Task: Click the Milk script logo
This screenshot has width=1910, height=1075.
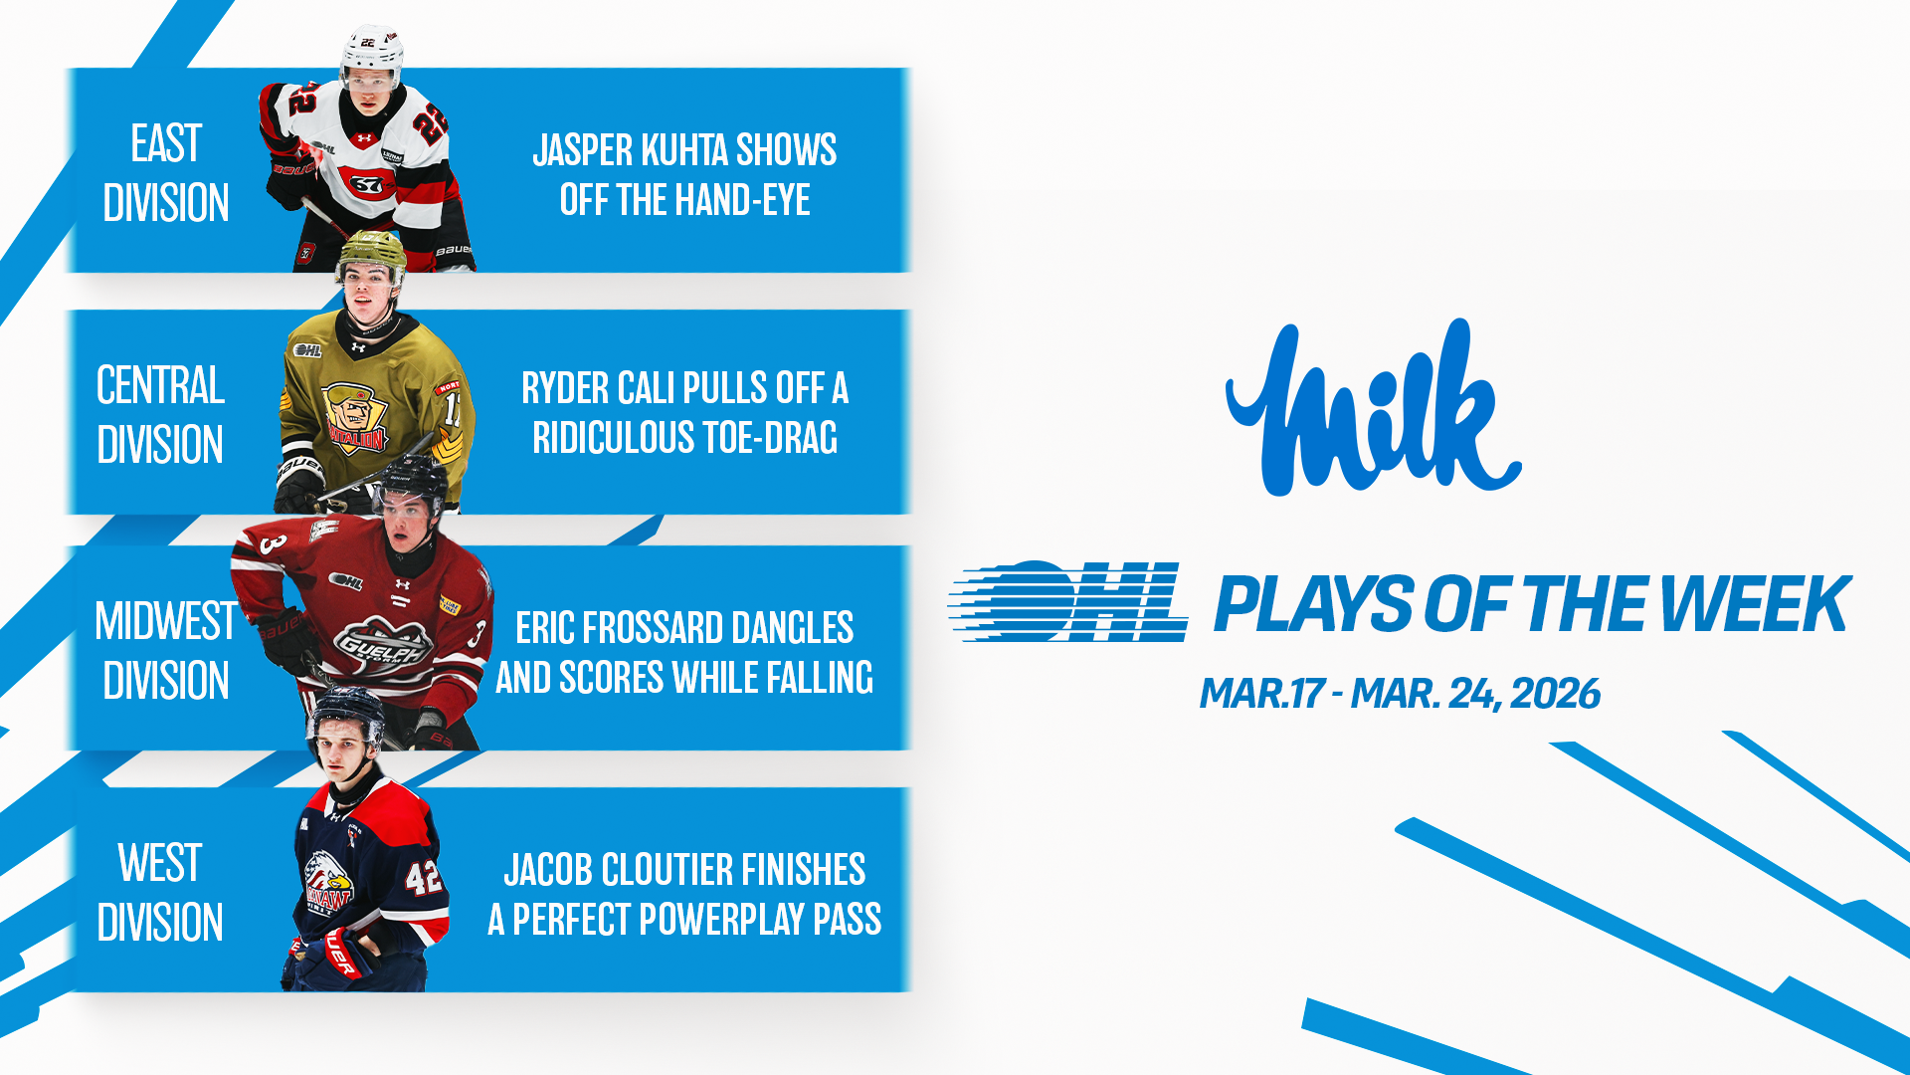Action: (x=1374, y=408)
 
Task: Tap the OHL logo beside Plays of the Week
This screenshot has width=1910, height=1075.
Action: (x=1068, y=601)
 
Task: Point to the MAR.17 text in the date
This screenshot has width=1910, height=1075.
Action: (x=1261, y=694)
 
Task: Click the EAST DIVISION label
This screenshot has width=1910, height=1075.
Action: (x=166, y=173)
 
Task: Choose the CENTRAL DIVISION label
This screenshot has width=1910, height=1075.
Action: (x=160, y=414)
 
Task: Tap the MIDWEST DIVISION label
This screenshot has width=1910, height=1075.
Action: (x=166, y=651)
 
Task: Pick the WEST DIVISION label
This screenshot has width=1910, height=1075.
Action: (x=160, y=892)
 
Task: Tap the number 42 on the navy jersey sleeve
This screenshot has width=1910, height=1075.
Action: (x=424, y=877)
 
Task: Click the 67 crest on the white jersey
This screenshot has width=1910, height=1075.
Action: (x=366, y=184)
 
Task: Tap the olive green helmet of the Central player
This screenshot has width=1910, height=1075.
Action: (x=371, y=256)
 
